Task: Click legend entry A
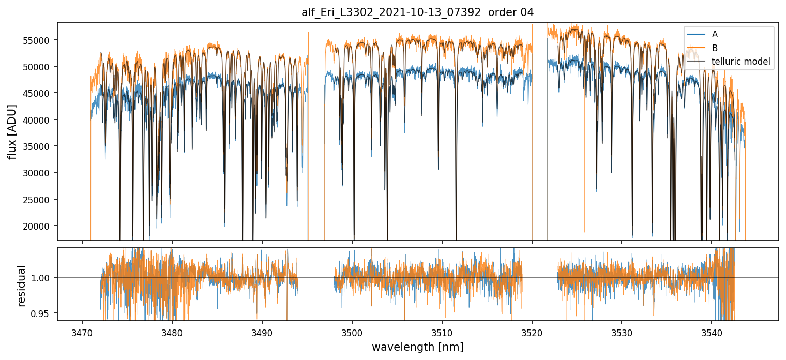coord(715,34)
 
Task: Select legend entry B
coord(715,48)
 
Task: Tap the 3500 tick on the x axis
coord(352,332)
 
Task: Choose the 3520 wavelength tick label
coord(532,332)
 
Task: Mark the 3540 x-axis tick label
coord(712,332)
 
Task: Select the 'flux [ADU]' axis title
coord(12,131)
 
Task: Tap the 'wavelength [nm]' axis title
coord(417,347)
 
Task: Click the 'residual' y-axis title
coord(21,285)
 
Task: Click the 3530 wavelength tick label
coord(622,332)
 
